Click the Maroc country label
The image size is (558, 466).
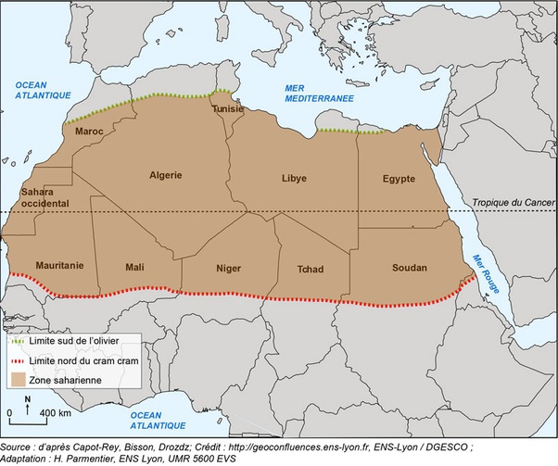[88, 131]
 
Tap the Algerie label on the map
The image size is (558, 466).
[166, 174]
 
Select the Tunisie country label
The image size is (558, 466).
[228, 108]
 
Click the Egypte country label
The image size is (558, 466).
[399, 178]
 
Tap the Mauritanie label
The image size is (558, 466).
[59, 265]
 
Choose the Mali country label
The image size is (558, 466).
[135, 268]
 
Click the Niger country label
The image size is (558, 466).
[228, 269]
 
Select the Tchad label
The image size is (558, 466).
[311, 270]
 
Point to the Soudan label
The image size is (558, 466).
[409, 268]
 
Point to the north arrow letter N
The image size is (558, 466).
[28, 399]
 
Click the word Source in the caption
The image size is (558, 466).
[19, 447]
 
